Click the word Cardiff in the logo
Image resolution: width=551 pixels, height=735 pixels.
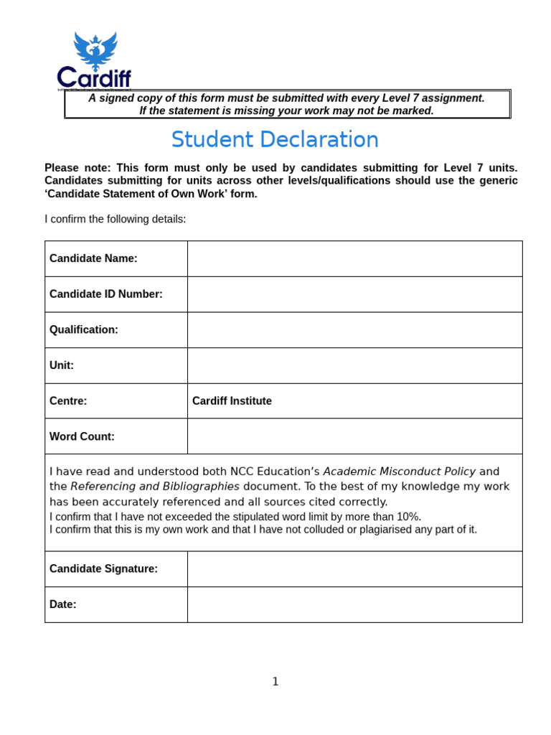click(94, 78)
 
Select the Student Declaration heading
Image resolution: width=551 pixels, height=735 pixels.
click(275, 139)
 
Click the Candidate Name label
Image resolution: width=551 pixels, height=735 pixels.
click(93, 258)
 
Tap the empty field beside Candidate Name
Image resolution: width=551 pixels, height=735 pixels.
click(354, 258)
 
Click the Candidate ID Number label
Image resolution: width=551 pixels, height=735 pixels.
click(105, 294)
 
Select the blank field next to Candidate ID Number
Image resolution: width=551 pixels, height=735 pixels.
click(354, 294)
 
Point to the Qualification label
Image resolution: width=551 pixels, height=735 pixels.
click(83, 329)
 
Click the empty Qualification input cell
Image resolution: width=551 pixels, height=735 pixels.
click(354, 329)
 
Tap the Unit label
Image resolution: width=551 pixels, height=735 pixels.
click(62, 365)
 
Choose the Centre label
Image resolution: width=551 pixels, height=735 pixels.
click(68, 401)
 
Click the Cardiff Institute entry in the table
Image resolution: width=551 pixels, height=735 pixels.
click(232, 401)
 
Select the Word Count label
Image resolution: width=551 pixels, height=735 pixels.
click(82, 436)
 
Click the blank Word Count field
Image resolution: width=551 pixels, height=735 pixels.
click(354, 436)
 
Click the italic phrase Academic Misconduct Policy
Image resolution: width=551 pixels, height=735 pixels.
click(399, 472)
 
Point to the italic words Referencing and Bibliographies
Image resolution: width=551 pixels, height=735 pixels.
click(155, 487)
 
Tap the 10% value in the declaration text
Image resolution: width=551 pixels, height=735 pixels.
click(408, 517)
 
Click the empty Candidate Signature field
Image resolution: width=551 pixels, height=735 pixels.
click(354, 568)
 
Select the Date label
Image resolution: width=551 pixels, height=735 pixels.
click(62, 604)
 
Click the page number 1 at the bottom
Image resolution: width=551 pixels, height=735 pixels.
click(275, 682)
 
